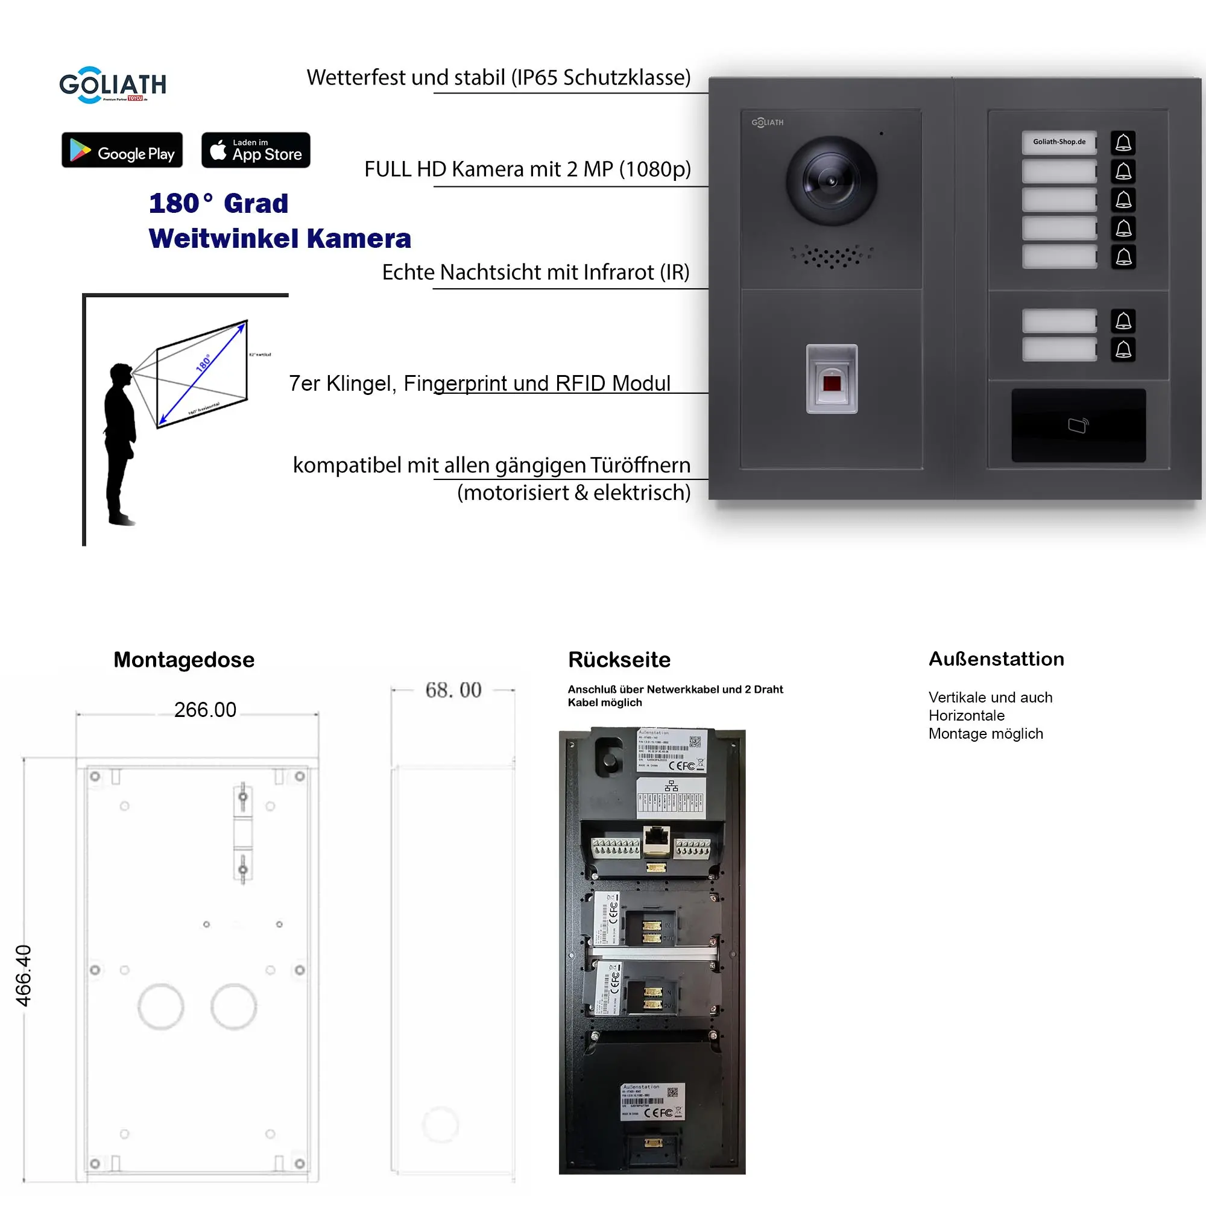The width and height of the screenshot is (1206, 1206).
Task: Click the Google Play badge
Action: (122, 150)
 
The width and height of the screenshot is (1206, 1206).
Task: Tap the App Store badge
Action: (255, 150)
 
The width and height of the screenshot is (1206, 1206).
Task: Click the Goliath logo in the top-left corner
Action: (112, 85)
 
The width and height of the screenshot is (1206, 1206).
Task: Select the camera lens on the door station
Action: (831, 181)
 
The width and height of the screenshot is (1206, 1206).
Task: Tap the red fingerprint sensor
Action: (832, 382)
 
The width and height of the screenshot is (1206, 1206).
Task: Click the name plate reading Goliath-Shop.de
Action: (1059, 142)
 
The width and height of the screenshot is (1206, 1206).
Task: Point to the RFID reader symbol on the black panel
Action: (1078, 426)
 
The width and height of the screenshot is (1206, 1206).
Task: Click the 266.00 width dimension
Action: (205, 710)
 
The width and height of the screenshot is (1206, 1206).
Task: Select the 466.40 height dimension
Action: (23, 975)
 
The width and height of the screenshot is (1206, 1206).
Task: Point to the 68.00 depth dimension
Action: (453, 690)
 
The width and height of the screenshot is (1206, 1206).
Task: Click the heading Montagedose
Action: (183, 660)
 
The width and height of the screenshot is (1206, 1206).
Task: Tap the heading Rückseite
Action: (619, 660)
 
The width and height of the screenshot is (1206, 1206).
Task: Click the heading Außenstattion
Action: (996, 659)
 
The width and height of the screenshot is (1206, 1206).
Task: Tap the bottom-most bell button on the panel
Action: (1123, 350)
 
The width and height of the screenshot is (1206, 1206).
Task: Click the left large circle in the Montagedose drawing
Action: (160, 1006)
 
